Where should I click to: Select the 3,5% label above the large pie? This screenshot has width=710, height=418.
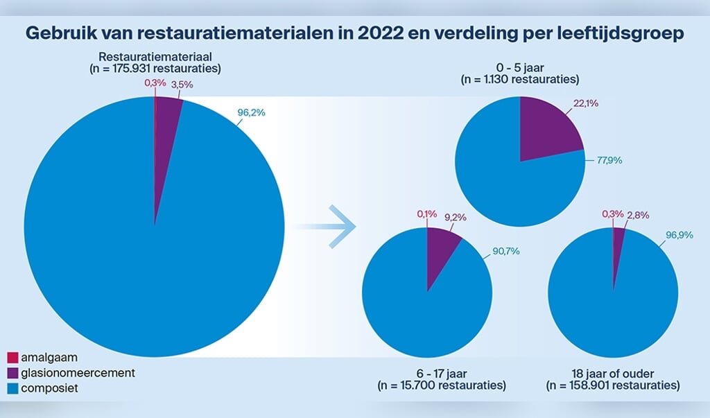(182, 84)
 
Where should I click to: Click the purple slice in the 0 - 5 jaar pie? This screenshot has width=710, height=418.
(548, 128)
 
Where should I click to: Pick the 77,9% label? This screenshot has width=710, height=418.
(607, 160)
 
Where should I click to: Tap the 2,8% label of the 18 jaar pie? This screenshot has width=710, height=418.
(637, 215)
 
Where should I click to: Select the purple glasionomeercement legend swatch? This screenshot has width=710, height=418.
(12, 374)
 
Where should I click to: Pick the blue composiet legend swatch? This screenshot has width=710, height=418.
(12, 389)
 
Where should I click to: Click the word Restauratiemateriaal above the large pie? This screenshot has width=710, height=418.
(155, 57)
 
